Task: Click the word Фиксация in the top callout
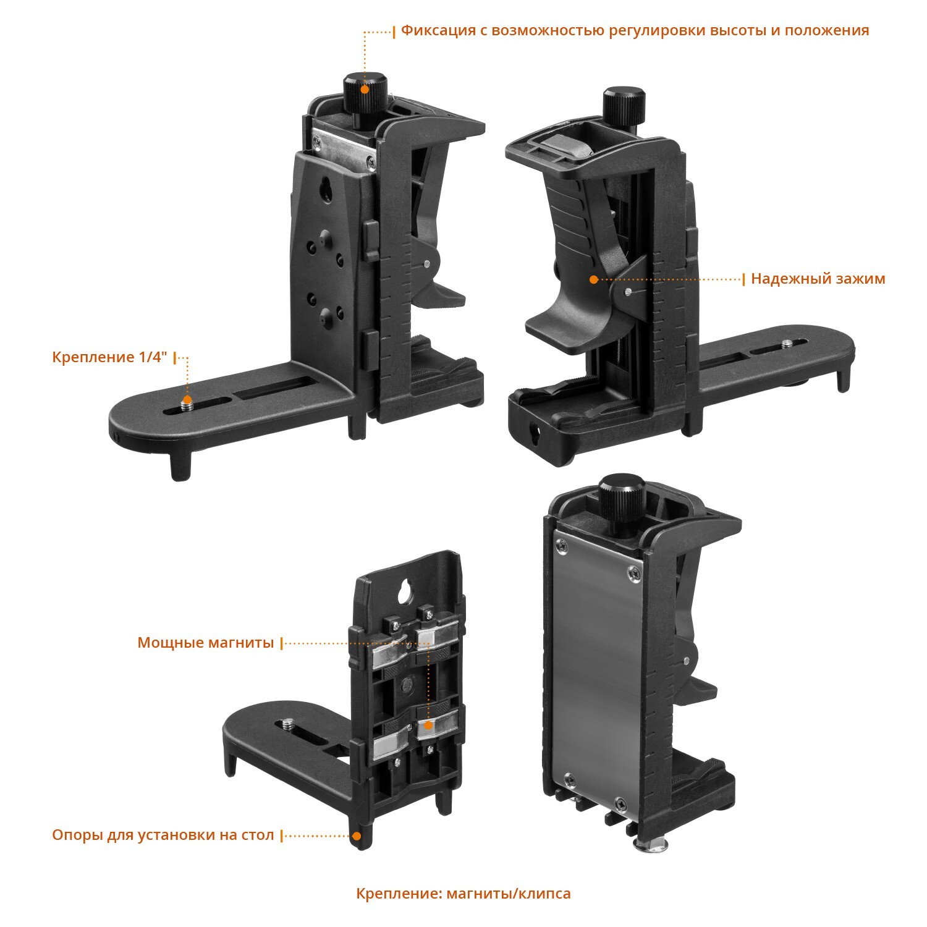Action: pos(438,30)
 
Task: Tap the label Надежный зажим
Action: pos(818,279)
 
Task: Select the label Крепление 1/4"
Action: pos(109,357)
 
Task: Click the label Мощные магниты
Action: pos(205,643)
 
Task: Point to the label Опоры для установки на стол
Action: pos(163,836)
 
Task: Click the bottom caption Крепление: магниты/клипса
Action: pos(463,894)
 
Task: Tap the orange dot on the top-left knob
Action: pos(365,89)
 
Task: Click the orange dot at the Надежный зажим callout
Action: pos(594,279)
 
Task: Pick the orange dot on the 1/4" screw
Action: pos(187,402)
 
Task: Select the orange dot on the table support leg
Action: pos(357,837)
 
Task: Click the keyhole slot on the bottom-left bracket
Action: pos(407,591)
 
